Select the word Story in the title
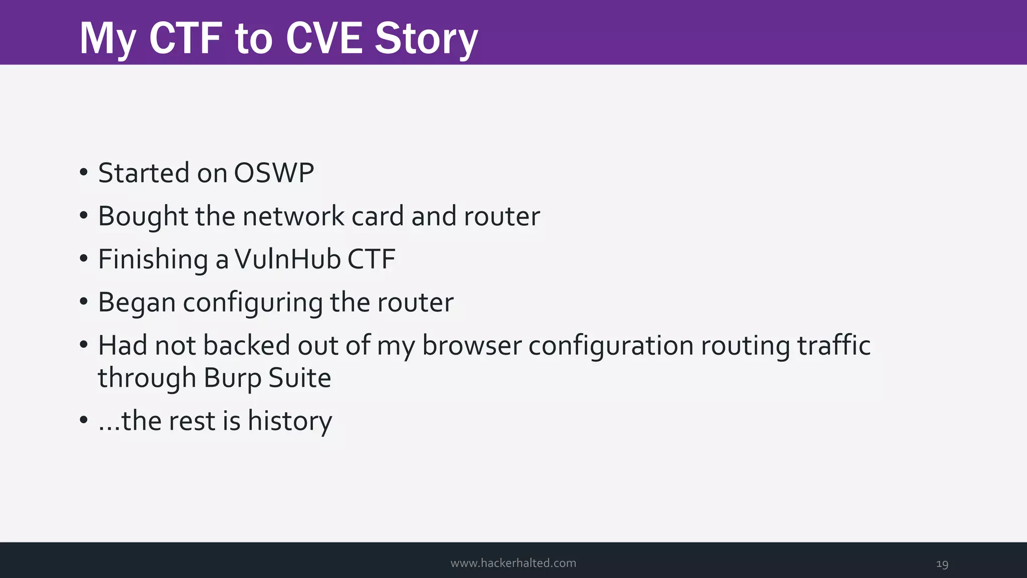pyautogui.click(x=426, y=39)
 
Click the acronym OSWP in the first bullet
pyautogui.click(x=274, y=173)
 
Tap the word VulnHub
pyautogui.click(x=288, y=259)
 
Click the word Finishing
pyautogui.click(x=153, y=260)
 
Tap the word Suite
pyautogui.click(x=299, y=378)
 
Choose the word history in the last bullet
pyautogui.click(x=289, y=421)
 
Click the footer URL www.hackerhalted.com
pyautogui.click(x=513, y=563)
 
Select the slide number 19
pyautogui.click(x=942, y=564)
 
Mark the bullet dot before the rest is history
pyautogui.click(x=84, y=420)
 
